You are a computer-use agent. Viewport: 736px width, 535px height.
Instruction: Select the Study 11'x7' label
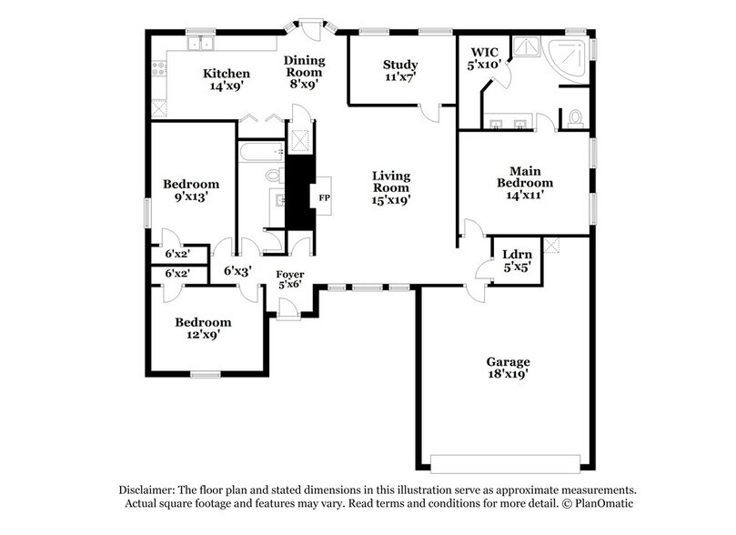pyautogui.click(x=399, y=71)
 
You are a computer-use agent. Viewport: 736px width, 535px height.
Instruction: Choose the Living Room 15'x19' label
pyautogui.click(x=390, y=187)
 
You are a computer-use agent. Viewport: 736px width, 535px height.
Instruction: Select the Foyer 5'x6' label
pyautogui.click(x=290, y=279)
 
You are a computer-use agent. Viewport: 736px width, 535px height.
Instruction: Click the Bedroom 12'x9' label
pyautogui.click(x=203, y=328)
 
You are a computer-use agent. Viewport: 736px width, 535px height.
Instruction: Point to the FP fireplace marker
pyautogui.click(x=321, y=197)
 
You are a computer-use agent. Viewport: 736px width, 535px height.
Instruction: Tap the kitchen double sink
pyautogui.click(x=199, y=43)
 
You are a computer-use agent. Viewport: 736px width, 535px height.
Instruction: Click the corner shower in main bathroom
pyautogui.click(x=571, y=59)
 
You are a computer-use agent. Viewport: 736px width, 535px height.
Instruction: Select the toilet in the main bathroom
pyautogui.click(x=574, y=117)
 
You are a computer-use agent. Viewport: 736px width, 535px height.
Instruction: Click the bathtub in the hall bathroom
pyautogui.click(x=260, y=151)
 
